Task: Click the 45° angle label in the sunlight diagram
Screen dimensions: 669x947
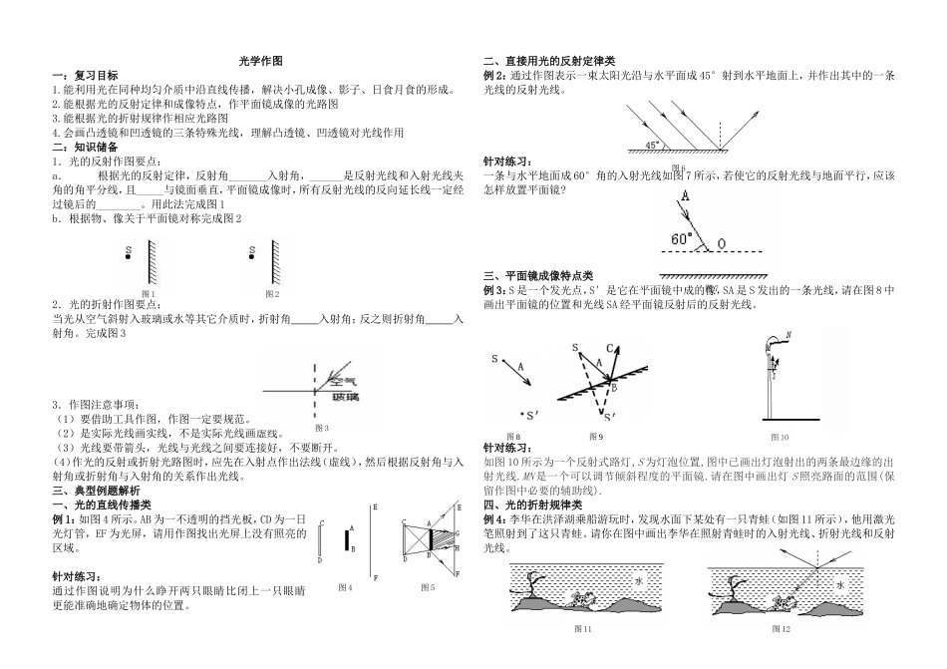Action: pos(651,146)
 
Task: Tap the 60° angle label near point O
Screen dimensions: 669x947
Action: pos(683,239)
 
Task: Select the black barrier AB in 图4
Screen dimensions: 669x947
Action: pos(348,539)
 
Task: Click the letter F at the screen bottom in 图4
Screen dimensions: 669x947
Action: pos(374,577)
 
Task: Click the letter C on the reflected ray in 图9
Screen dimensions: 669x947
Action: pos(609,349)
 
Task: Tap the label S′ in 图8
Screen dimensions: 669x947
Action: pos(532,414)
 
